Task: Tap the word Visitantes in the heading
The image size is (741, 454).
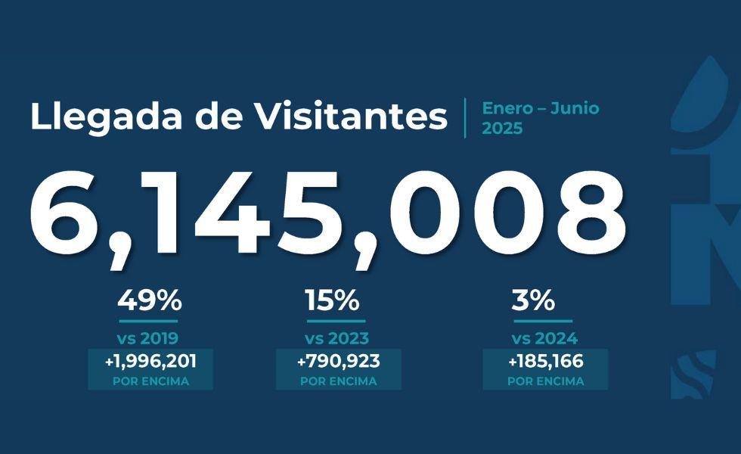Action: point(349,117)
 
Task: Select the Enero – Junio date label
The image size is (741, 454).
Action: point(541,108)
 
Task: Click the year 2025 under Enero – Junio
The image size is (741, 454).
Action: point(502,129)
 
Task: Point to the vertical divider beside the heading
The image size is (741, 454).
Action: point(465,118)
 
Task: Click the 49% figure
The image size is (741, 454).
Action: point(149,301)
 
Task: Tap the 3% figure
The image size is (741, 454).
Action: point(533,301)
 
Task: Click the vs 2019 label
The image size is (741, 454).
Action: point(149,338)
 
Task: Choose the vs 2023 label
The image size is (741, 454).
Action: point(336,338)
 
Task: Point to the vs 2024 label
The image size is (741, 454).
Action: point(544,338)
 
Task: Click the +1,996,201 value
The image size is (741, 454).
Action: point(150,362)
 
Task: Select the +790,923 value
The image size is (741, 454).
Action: point(338,362)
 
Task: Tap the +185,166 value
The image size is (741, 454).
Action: point(545,362)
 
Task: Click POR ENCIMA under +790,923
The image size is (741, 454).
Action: point(338,381)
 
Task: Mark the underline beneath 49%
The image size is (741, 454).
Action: point(148,321)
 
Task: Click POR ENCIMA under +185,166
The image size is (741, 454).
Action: point(545,381)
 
